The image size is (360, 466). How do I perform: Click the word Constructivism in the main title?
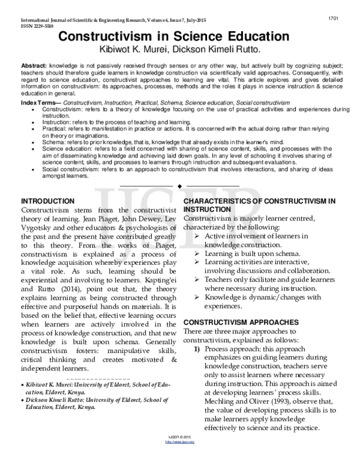tap(112, 35)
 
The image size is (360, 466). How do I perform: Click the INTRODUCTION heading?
tap(48, 200)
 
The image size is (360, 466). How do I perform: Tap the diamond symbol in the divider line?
tap(179, 188)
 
